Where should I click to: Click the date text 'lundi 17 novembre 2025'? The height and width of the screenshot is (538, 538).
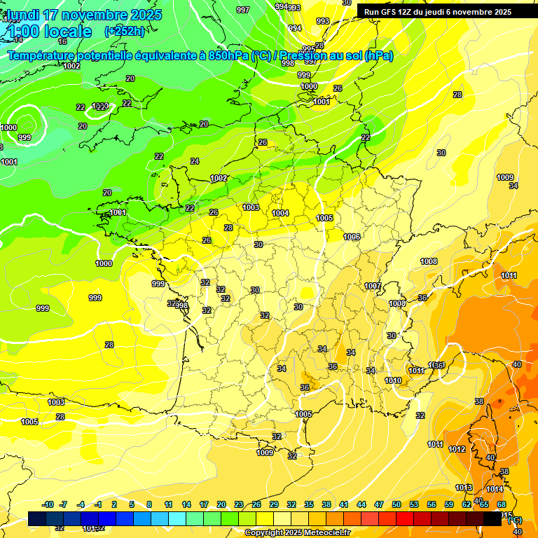(84, 15)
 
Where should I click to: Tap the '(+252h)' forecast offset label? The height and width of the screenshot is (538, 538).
(124, 31)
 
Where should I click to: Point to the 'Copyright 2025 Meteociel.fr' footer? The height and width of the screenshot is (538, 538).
(297, 532)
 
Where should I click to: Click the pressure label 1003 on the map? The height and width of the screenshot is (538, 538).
(251, 207)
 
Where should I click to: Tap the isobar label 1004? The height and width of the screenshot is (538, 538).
(280, 213)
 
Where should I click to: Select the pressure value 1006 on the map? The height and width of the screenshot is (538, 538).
(352, 237)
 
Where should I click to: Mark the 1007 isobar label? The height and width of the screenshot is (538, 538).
(373, 286)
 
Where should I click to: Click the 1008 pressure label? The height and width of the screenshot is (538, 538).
(429, 261)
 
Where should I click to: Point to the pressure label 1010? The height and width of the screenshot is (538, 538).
(393, 380)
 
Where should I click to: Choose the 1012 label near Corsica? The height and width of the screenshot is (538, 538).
(457, 449)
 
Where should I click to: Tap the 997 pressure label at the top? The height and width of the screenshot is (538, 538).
(243, 10)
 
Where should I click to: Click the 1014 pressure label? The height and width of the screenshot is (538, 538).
(495, 489)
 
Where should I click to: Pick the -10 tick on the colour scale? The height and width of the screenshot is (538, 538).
(48, 504)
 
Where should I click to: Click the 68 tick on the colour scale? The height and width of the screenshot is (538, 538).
(502, 504)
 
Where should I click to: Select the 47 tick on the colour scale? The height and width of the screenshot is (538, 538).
(379, 504)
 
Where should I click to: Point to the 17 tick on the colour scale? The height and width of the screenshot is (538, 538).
(204, 504)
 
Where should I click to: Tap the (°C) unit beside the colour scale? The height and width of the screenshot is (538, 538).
(515, 520)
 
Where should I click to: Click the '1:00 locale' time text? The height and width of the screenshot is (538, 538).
(50, 32)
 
